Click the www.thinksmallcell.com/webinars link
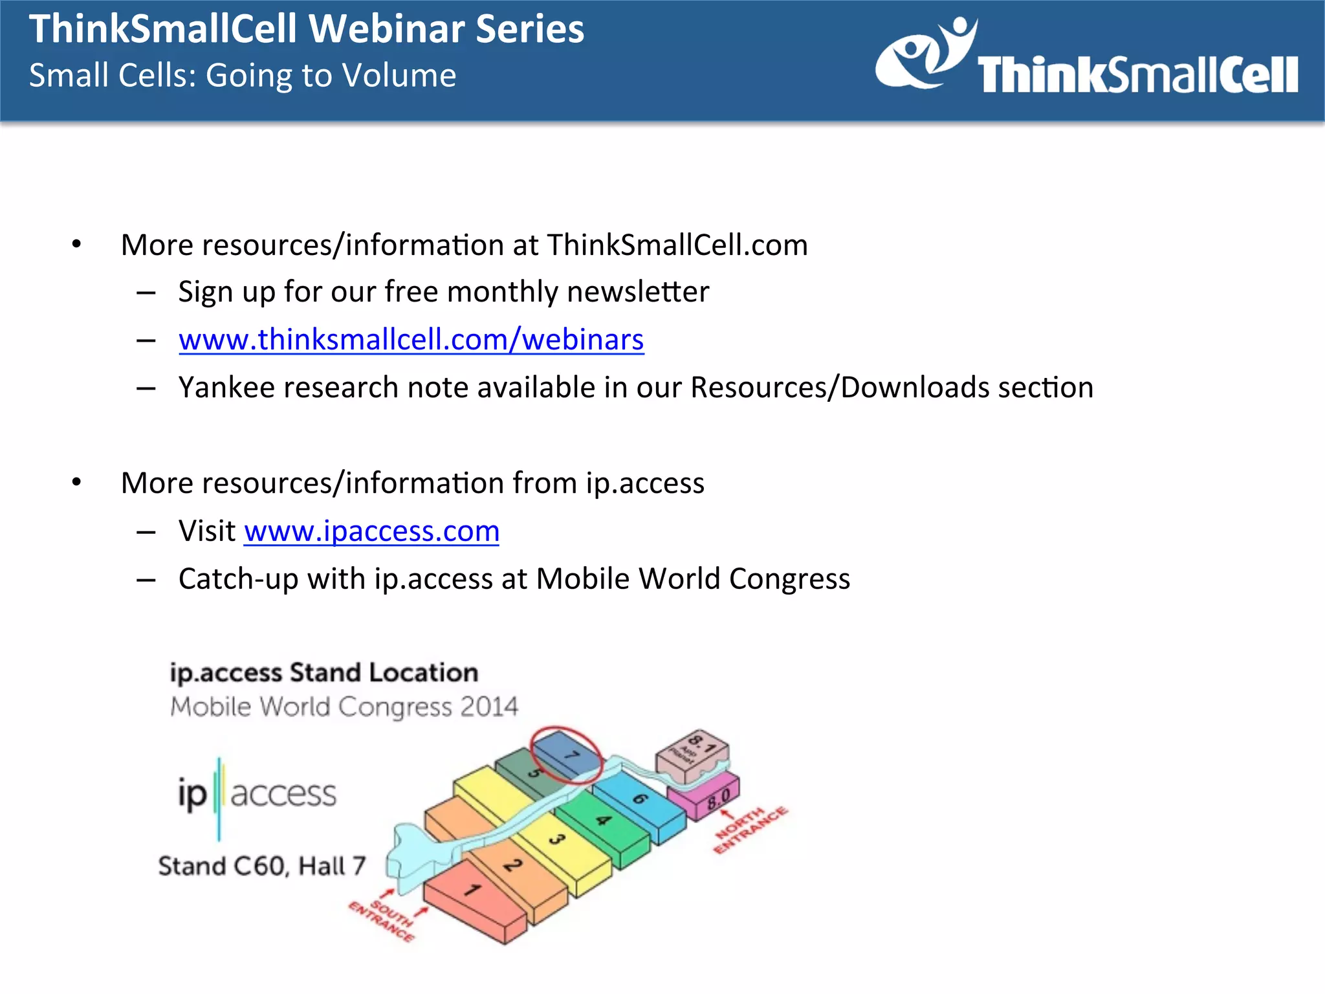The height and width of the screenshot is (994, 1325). coord(411,340)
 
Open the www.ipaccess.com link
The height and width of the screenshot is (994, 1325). coord(371,531)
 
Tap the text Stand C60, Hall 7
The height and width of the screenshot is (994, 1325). coord(262,866)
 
